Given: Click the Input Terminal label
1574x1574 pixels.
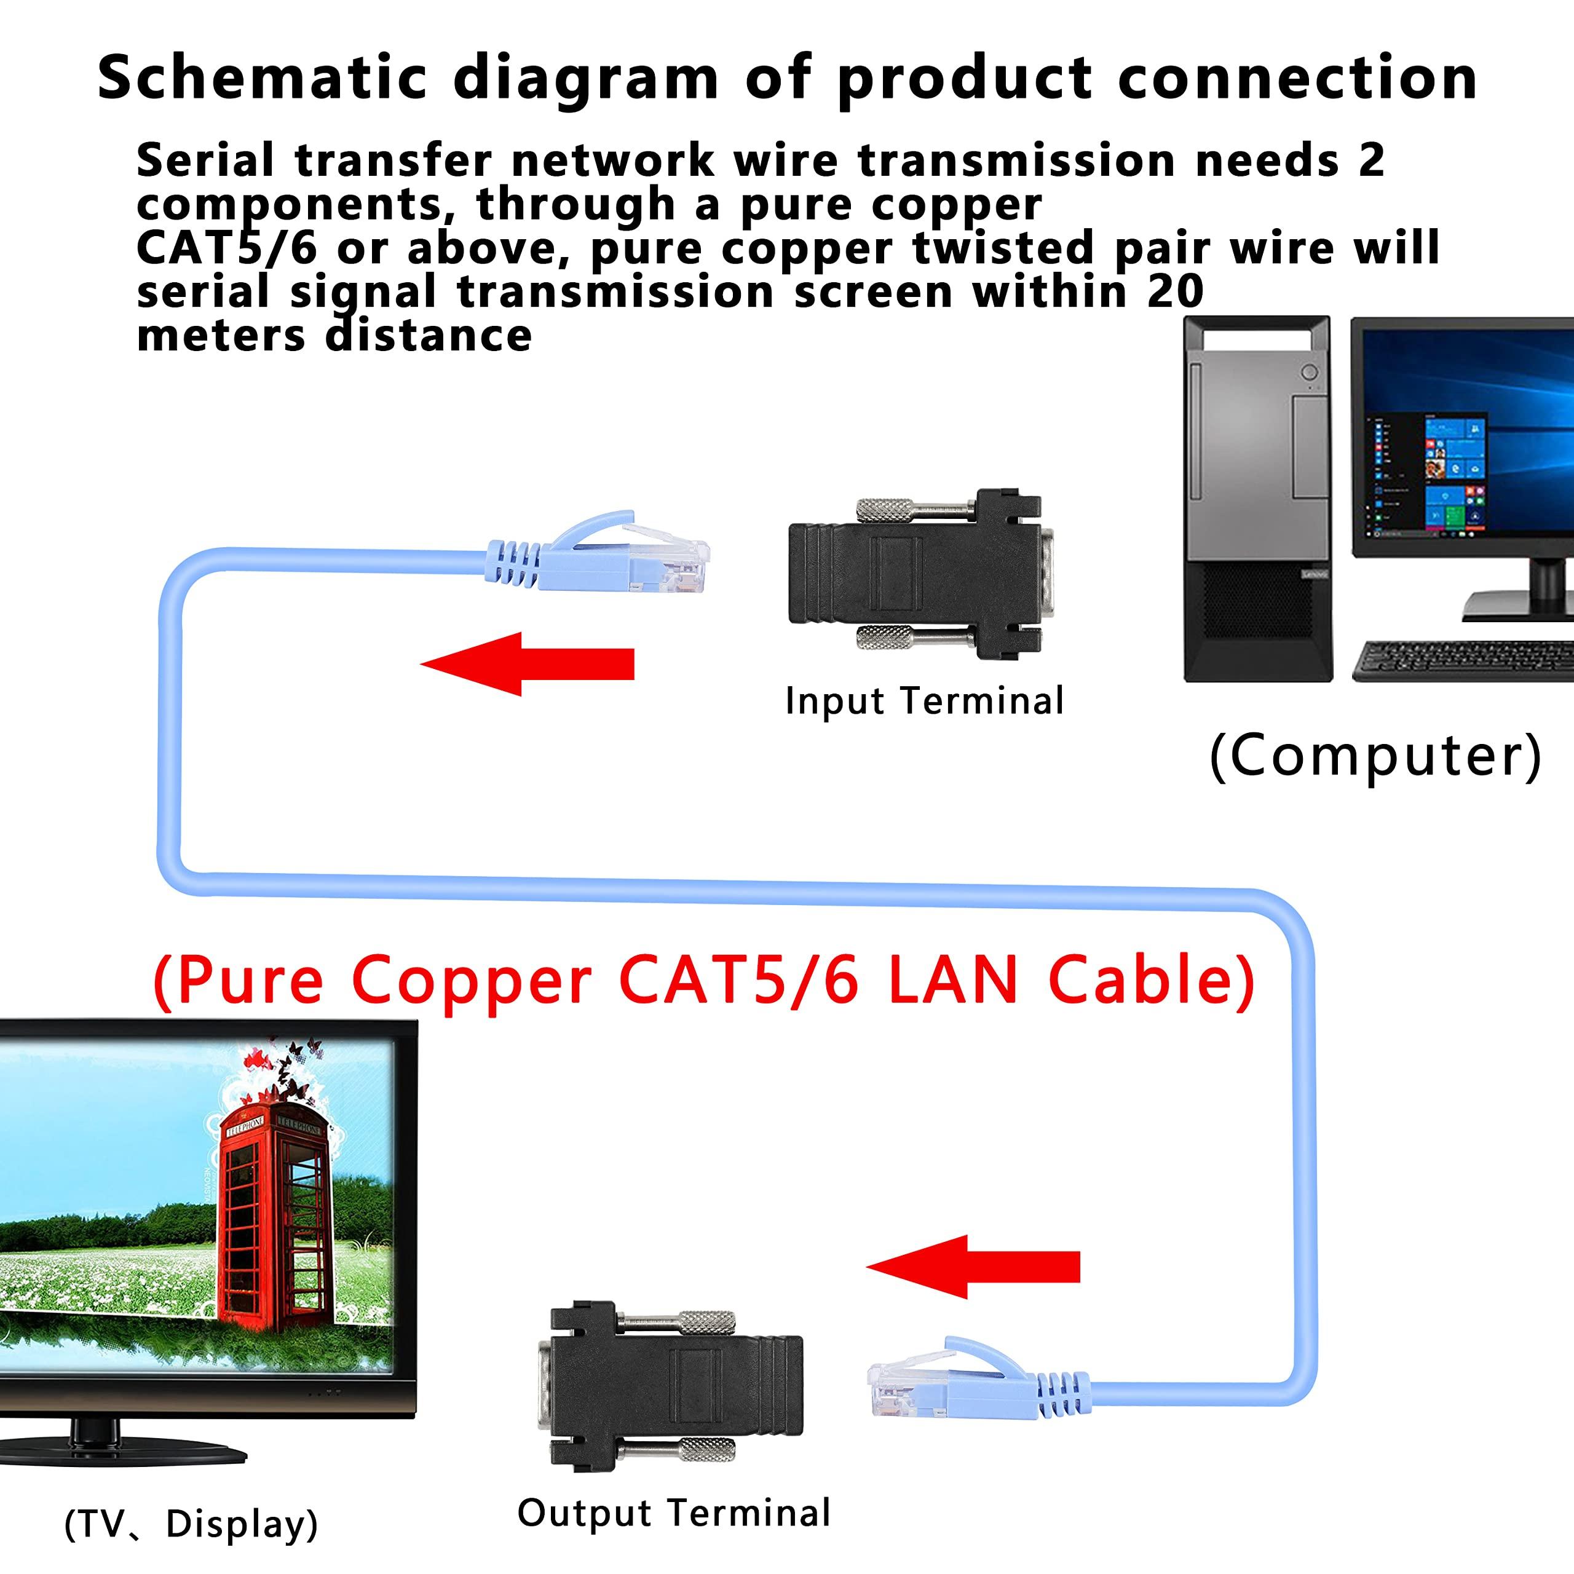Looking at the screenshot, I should click(924, 702).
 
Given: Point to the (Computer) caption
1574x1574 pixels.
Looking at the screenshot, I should click(1375, 756).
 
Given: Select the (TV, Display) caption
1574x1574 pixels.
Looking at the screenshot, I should click(191, 1524).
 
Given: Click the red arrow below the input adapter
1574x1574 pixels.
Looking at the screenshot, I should click(528, 664).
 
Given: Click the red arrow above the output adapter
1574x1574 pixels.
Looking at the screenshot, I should click(973, 1267).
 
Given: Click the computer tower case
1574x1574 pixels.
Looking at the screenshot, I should click(1257, 498).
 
